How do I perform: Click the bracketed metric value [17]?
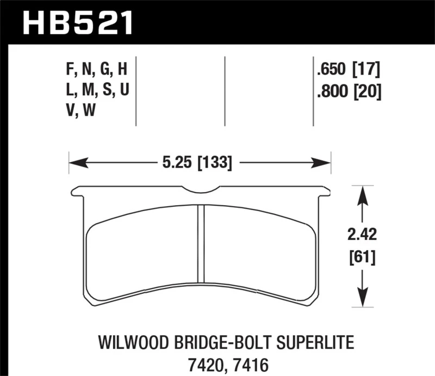pos(366,70)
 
